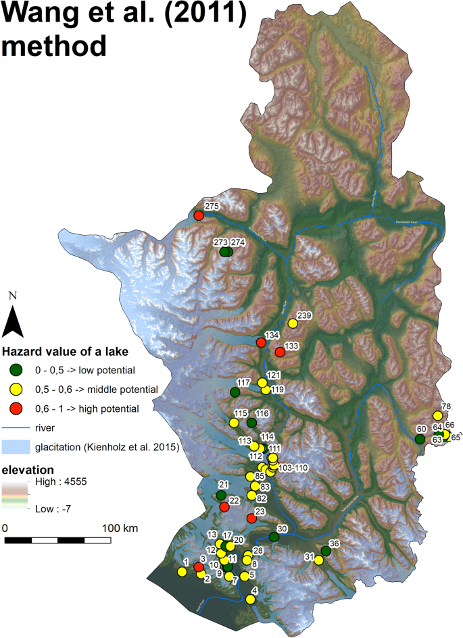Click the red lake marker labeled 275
point(199,215)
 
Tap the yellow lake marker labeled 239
point(293,323)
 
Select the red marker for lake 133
point(280,352)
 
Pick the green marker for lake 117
point(235,392)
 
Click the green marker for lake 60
point(420,439)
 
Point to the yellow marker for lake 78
point(437,415)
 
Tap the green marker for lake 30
point(274,537)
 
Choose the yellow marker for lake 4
point(251,600)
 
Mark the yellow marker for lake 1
point(182,572)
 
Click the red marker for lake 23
point(251,519)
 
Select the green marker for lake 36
point(326,552)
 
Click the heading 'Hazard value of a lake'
point(66,351)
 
